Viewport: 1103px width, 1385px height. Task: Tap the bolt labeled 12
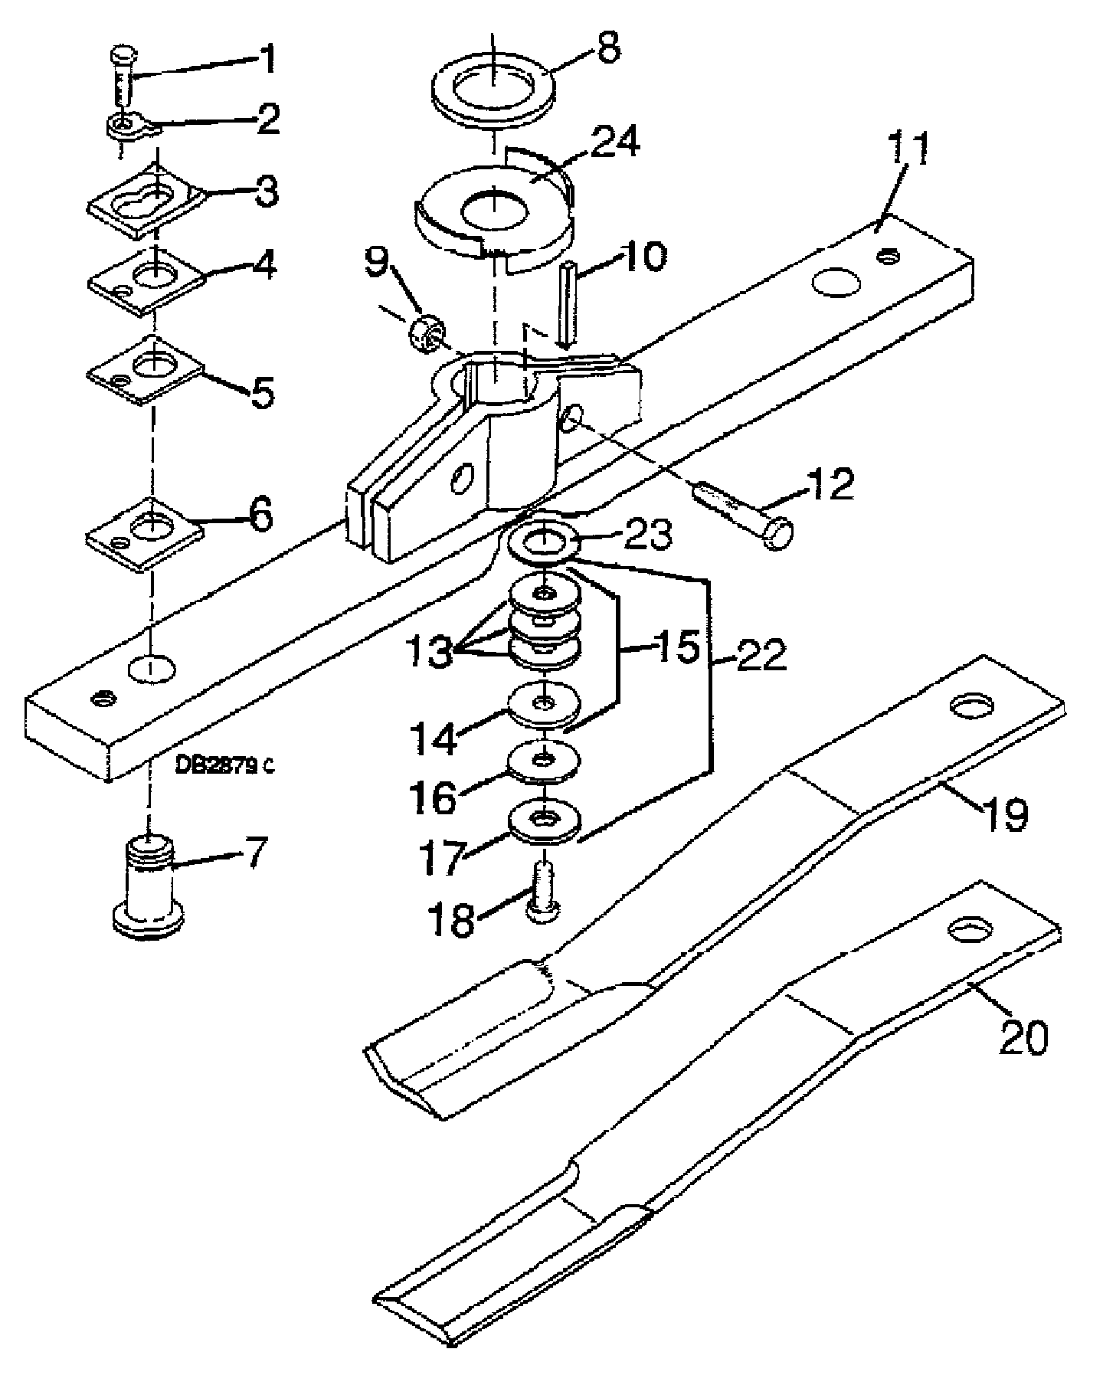point(743,515)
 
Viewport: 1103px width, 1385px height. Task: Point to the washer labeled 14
point(544,703)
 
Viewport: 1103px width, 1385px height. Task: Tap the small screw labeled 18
point(543,892)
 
